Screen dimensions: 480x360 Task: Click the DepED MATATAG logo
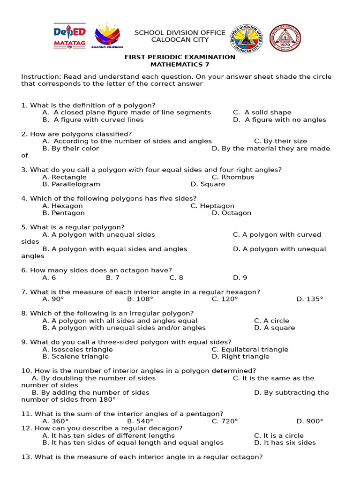click(x=69, y=36)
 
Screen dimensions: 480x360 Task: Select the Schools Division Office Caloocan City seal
click(x=247, y=38)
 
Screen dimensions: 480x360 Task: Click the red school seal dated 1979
click(x=285, y=38)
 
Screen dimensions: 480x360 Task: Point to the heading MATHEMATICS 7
click(x=180, y=64)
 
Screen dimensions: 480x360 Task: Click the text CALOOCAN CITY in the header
click(x=180, y=40)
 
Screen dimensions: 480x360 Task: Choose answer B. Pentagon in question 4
click(x=63, y=213)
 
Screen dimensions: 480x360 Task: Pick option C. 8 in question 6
click(x=176, y=277)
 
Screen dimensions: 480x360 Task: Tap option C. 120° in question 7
click(x=225, y=299)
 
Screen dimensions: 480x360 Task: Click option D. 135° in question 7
click(x=309, y=299)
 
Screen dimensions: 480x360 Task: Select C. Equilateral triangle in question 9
click(x=250, y=349)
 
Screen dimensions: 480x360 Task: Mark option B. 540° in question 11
click(x=140, y=421)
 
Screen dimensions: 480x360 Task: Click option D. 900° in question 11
click(x=309, y=421)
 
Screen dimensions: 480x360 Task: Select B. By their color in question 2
click(x=70, y=149)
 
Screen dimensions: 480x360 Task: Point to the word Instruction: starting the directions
click(x=41, y=77)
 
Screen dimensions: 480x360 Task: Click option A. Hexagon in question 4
click(x=62, y=206)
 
